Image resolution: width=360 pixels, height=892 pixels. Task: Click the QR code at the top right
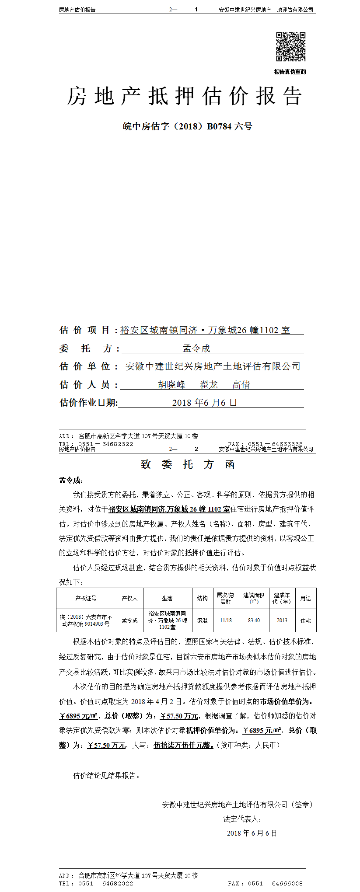pos(290,46)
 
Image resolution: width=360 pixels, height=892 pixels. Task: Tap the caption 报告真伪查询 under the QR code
pos(290,72)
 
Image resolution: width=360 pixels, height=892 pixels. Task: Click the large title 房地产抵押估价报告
pos(185,96)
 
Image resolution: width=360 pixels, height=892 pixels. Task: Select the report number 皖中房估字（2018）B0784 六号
pos(188,126)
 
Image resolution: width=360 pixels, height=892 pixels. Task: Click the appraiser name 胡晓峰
pos(171,385)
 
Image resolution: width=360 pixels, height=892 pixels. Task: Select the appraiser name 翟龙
pos(209,385)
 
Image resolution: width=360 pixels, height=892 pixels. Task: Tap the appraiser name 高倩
pos(241,385)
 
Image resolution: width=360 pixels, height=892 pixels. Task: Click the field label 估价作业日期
pos(88,403)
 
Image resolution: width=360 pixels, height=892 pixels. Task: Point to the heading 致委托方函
pos(188,464)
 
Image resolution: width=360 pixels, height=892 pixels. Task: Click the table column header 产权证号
pos(86,598)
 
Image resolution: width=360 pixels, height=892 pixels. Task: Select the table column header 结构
pos(202,598)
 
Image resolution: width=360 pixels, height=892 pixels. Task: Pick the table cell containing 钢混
pos(202,620)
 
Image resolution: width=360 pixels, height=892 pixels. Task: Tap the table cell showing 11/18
pos(226,620)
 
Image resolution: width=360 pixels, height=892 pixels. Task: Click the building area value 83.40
pos(254,620)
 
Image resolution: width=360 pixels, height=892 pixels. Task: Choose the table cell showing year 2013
pos(282,620)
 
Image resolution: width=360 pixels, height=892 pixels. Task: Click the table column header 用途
pos(305,598)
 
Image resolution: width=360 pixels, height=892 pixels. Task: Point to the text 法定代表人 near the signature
pos(242,819)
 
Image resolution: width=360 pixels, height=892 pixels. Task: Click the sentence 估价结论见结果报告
pos(107,775)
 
